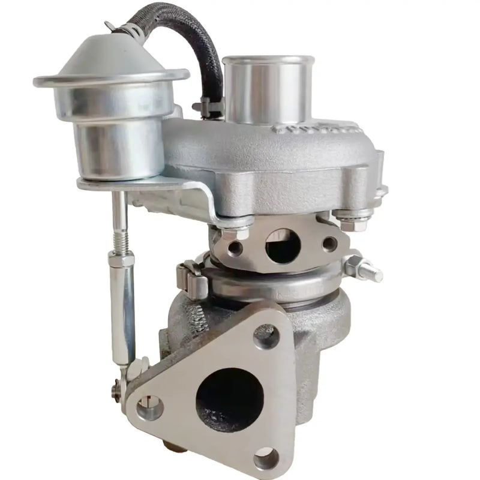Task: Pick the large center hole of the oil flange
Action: (x=282, y=243)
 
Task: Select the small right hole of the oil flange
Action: (x=329, y=243)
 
